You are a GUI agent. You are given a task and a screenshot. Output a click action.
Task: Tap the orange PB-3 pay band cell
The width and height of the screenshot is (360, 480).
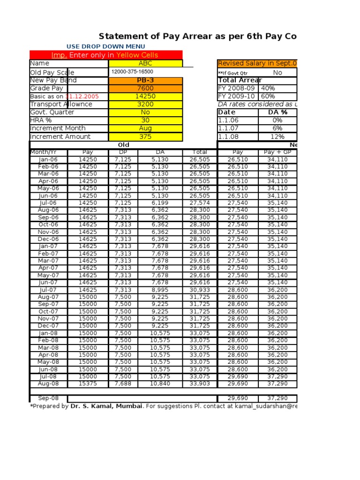(x=146, y=81)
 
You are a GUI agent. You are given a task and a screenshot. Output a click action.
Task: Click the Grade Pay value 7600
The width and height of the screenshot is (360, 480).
(x=146, y=89)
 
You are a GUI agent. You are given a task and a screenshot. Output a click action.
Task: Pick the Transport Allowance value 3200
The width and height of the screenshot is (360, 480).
(x=146, y=105)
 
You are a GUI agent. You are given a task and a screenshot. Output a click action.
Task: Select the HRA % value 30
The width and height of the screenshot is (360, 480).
(x=146, y=120)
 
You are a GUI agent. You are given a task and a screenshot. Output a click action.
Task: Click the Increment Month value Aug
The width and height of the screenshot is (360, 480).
(x=146, y=128)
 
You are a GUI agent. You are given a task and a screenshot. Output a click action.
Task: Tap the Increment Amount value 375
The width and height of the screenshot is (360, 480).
(x=146, y=137)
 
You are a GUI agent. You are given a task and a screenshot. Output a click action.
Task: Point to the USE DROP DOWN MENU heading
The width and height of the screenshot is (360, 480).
(x=102, y=46)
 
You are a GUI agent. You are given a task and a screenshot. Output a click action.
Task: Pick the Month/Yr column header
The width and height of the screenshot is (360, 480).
(x=48, y=152)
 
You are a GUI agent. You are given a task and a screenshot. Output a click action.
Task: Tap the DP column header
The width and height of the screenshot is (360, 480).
(x=122, y=152)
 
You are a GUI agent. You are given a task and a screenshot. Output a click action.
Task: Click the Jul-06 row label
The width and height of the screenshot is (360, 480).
(x=48, y=203)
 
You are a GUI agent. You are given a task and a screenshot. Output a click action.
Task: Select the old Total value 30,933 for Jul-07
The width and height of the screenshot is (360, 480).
(x=199, y=290)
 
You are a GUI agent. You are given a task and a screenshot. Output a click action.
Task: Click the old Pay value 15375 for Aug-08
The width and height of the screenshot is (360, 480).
(x=88, y=384)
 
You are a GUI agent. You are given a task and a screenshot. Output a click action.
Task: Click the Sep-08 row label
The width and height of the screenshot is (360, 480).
(x=48, y=398)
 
